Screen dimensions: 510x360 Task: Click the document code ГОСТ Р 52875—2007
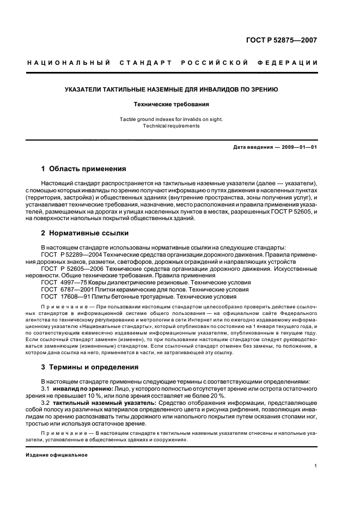(289, 40)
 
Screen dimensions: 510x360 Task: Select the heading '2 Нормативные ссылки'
(84, 233)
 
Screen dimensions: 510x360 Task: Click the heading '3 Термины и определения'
(89, 367)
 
